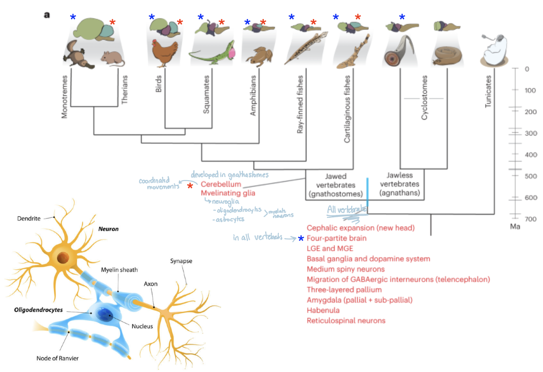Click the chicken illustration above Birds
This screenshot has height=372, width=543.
pyautogui.click(x=164, y=52)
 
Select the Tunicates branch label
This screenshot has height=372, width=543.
pyautogui.click(x=488, y=91)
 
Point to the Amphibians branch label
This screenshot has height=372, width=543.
pyautogui.click(x=253, y=96)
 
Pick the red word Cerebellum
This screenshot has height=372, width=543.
pyautogui.click(x=221, y=184)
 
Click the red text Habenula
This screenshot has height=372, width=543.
pyautogui.click(x=323, y=311)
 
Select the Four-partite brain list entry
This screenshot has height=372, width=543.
pyautogui.click(x=336, y=239)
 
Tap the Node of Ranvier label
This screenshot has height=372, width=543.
pyautogui.click(x=57, y=359)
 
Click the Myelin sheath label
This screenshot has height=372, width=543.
pyautogui.click(x=119, y=270)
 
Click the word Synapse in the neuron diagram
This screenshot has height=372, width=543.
pyautogui.click(x=181, y=261)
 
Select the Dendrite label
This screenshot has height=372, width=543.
pyautogui.click(x=29, y=219)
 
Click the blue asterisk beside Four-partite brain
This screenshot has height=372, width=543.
pyautogui.click(x=301, y=239)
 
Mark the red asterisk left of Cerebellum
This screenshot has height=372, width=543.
pyautogui.click(x=190, y=186)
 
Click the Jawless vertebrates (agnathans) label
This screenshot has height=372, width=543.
pyautogui.click(x=399, y=184)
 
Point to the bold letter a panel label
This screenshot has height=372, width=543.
pyautogui.click(x=47, y=15)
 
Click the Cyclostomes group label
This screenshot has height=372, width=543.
pyautogui.click(x=424, y=98)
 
